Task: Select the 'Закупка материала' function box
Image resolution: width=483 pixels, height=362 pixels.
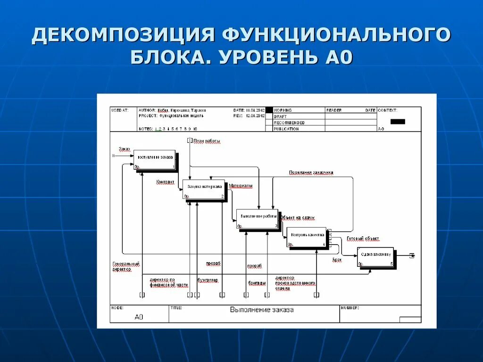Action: (x=203, y=189)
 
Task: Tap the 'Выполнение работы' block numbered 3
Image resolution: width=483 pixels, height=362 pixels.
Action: (x=258, y=219)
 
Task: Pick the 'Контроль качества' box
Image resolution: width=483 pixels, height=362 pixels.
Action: (x=307, y=237)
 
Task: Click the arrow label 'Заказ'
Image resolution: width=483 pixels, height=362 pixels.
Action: (x=124, y=149)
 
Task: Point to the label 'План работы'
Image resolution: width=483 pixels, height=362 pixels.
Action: (x=207, y=141)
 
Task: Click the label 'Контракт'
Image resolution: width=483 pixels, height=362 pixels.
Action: (x=165, y=181)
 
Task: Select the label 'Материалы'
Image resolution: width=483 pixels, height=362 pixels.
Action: (x=241, y=186)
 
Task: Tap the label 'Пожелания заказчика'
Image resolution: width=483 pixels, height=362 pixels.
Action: (x=311, y=173)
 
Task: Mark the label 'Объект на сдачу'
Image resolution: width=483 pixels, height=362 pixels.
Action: (x=297, y=218)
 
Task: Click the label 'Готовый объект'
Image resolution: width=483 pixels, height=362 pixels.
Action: (x=363, y=239)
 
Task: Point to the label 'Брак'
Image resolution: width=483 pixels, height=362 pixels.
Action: (x=336, y=260)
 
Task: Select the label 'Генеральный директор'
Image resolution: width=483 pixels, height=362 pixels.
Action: (x=126, y=267)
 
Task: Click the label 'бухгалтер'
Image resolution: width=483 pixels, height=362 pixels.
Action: (x=208, y=280)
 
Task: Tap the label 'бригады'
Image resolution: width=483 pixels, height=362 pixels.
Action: (x=257, y=283)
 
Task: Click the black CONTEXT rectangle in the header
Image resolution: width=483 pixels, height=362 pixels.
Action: (x=398, y=121)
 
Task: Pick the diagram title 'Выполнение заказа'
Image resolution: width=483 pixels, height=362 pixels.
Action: (x=262, y=310)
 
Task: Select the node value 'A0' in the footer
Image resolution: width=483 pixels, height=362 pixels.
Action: (x=139, y=317)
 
